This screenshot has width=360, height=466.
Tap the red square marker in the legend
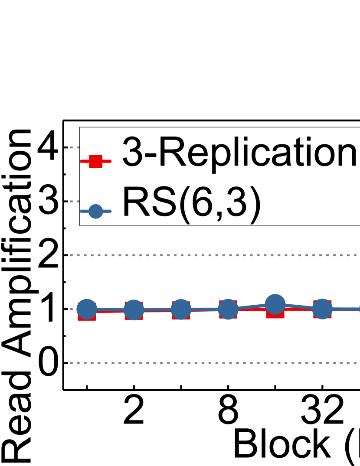pyautogui.click(x=95, y=161)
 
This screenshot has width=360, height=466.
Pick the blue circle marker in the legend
pyautogui.click(x=95, y=212)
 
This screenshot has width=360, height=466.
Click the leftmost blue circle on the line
pyautogui.click(x=86, y=309)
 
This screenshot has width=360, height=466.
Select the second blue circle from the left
pyautogui.click(x=134, y=310)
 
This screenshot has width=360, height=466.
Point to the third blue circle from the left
pyautogui.click(x=181, y=310)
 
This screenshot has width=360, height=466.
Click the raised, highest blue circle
pyautogui.click(x=275, y=304)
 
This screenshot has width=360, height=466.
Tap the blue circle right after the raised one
pyautogui.click(x=322, y=309)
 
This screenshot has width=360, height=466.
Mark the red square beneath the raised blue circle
pyautogui.click(x=275, y=313)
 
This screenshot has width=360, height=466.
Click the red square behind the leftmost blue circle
pyautogui.click(x=86, y=316)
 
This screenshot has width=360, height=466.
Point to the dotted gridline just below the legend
pyautogui.click(x=208, y=255)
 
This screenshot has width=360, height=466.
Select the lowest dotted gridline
pyautogui.click(x=208, y=363)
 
